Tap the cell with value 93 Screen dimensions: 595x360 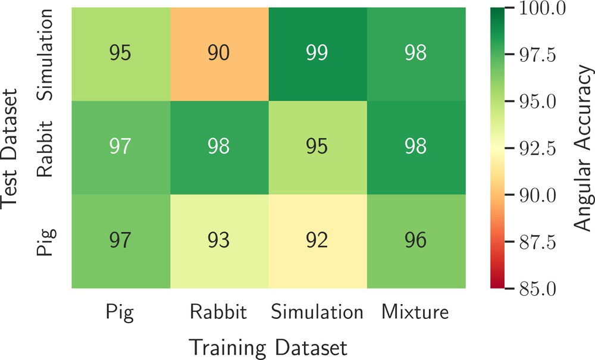tap(220, 241)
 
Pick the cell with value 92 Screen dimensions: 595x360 tap(318, 241)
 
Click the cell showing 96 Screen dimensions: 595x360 tap(416, 241)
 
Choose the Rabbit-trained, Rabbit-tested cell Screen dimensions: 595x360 tap(220, 148)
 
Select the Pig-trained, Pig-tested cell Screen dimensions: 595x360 tap(121, 241)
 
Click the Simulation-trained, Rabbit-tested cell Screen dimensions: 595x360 tap(318, 148)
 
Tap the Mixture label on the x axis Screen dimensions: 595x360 tap(415, 312)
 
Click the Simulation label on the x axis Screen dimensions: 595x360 tap(317, 312)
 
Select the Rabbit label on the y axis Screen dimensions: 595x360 tap(45, 149)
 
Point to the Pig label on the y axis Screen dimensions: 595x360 tap(46, 242)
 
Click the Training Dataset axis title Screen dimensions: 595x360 tap(268, 347)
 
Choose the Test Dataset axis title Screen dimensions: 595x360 tap(9, 148)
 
